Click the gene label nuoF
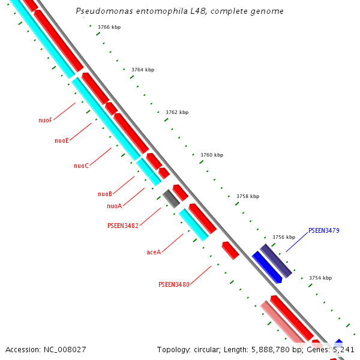45,120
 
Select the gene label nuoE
61,140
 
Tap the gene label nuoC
81,166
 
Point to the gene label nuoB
105,194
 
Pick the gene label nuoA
114,206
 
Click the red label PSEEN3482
122,226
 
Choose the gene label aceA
154,252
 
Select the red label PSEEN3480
173,284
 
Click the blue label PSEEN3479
323,230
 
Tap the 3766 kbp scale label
109,28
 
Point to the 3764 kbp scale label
142,70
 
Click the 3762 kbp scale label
176,112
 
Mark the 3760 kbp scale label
211,155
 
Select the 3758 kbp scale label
247,196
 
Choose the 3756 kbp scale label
283,237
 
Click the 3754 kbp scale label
320,278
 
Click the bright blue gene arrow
267,268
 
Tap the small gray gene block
171,199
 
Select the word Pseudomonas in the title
103,11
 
